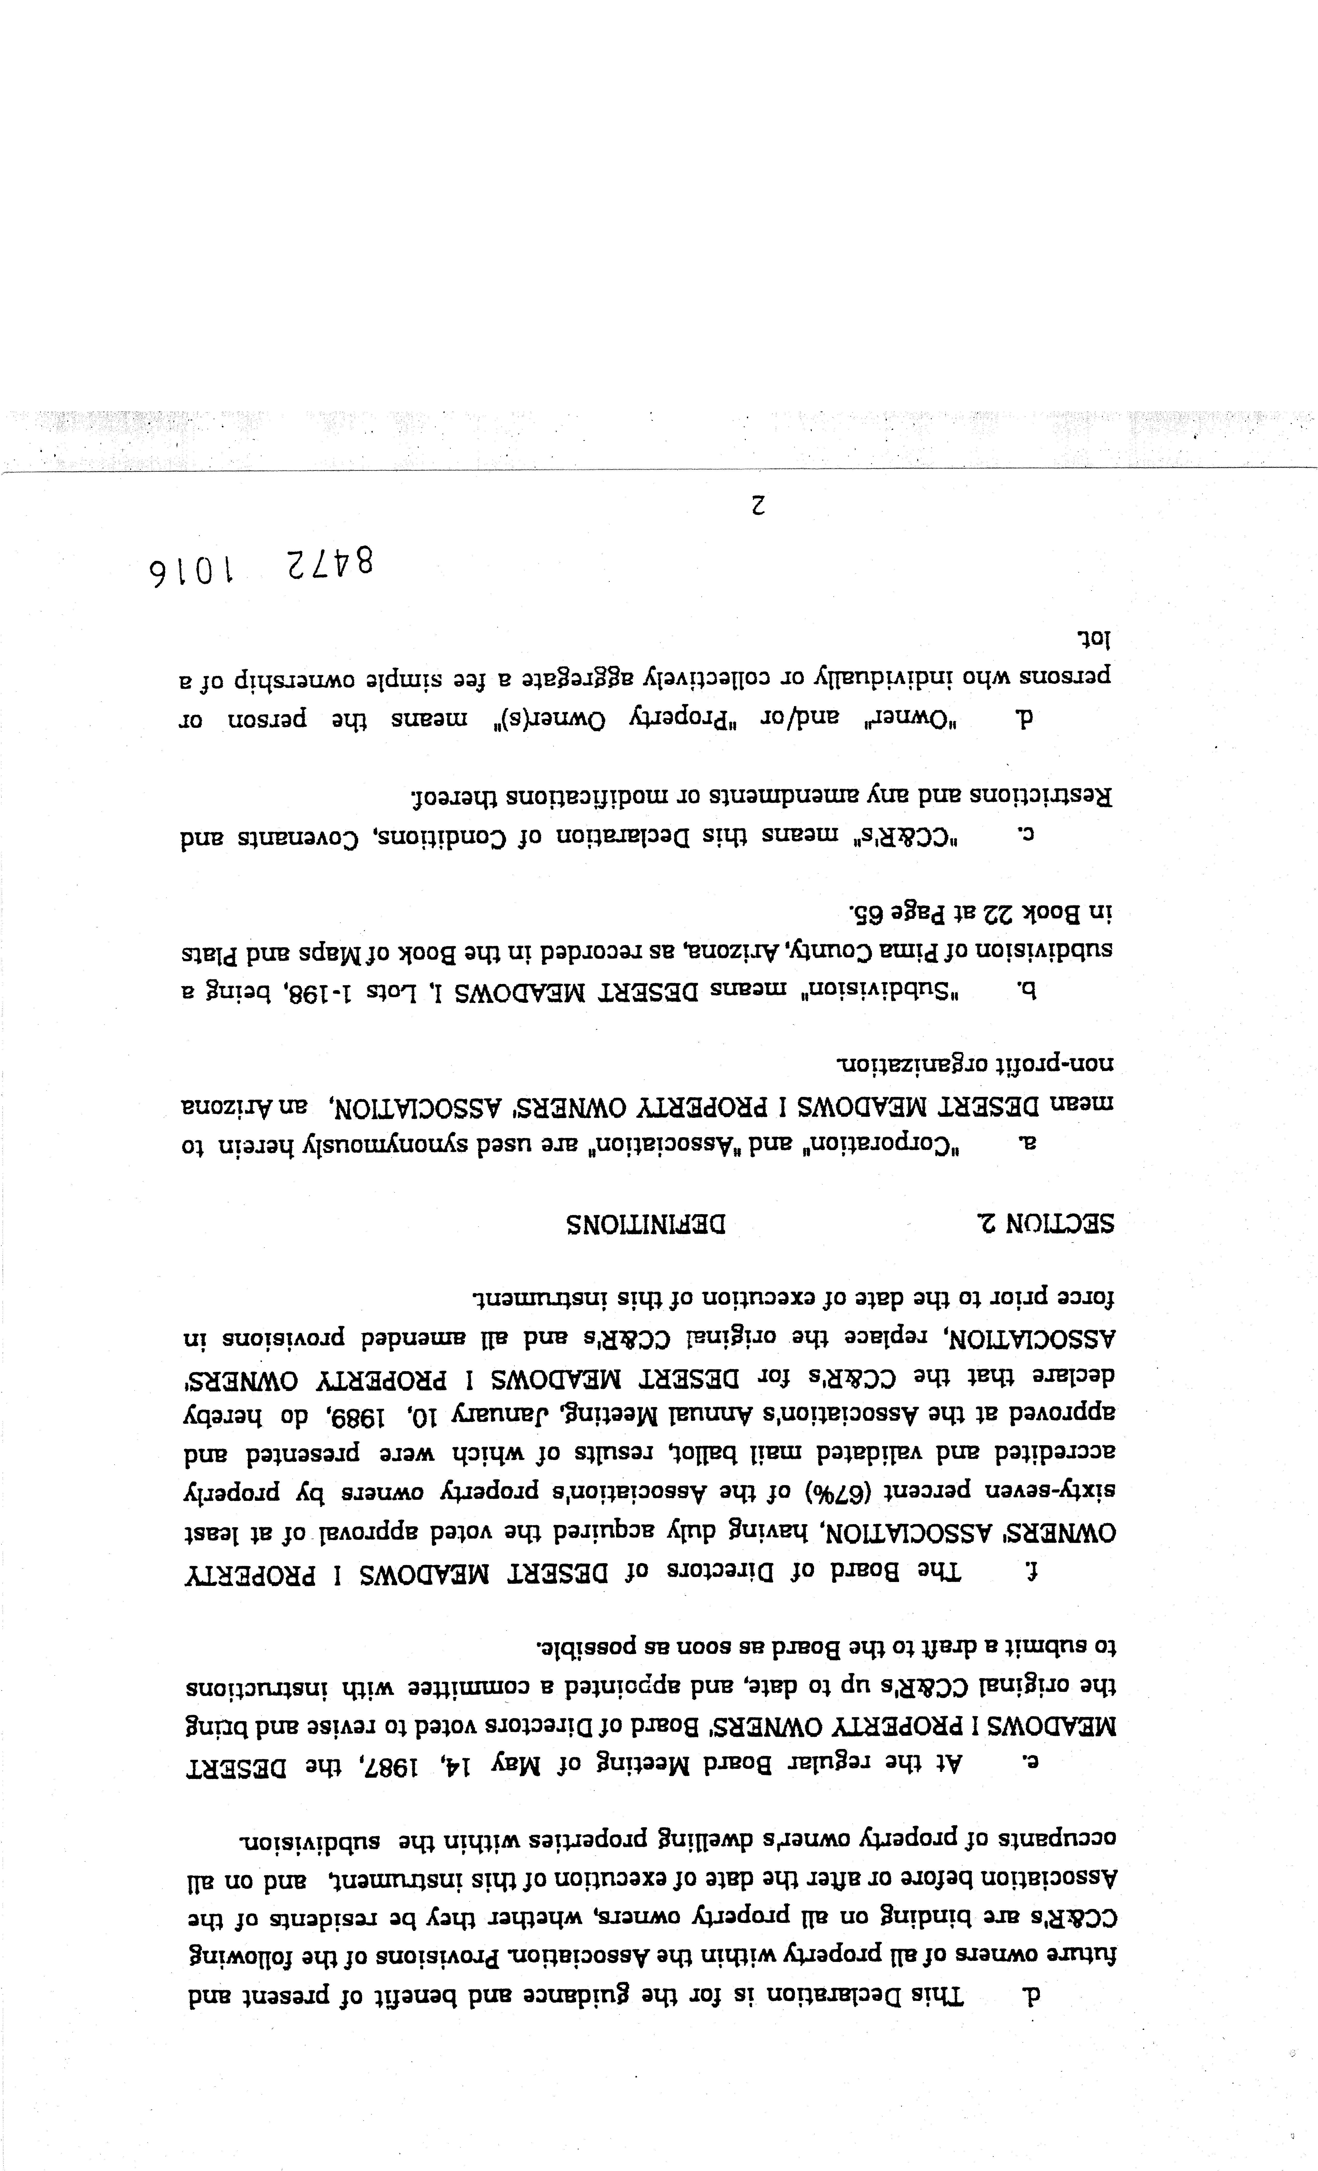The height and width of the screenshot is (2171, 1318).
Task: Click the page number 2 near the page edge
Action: (x=758, y=506)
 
